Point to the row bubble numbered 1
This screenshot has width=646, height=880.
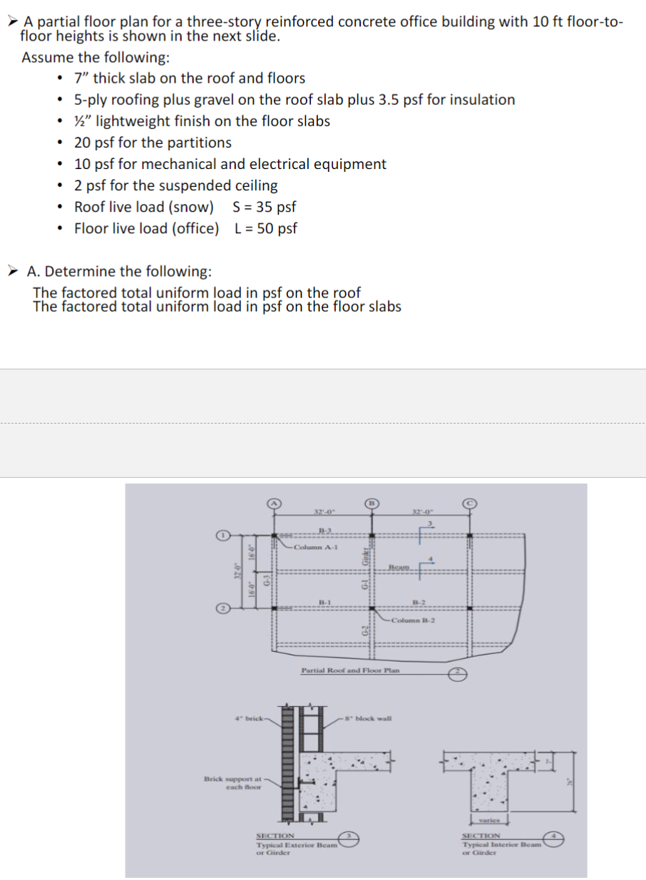[x=222, y=534]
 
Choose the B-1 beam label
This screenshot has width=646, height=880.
[x=325, y=602]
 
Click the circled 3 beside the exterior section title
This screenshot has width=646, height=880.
[x=350, y=835]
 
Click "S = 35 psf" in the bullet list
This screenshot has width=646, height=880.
[x=264, y=207]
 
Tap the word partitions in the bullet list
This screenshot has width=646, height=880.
[x=200, y=143]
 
